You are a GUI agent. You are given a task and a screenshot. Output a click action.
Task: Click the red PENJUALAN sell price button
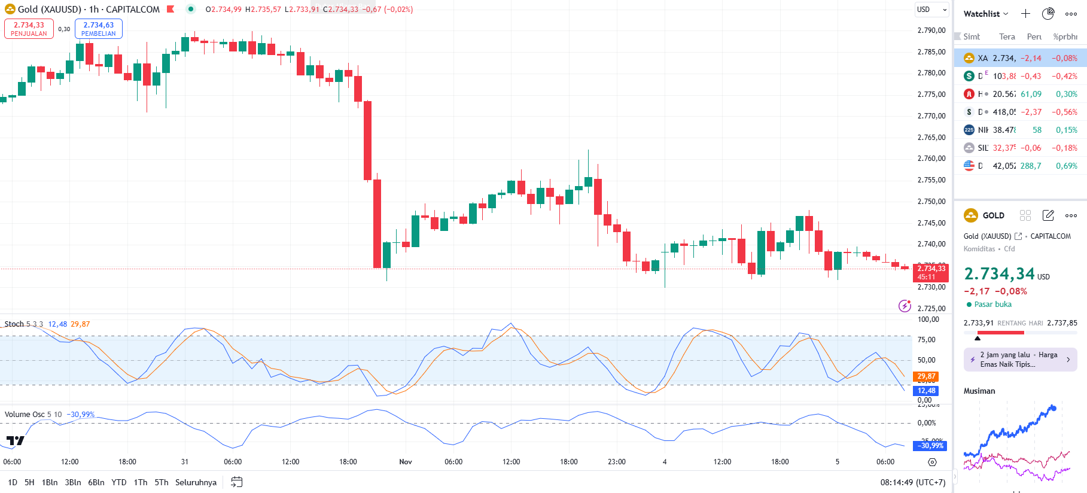coord(29,29)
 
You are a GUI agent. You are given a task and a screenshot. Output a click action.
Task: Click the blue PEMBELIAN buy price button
coord(98,29)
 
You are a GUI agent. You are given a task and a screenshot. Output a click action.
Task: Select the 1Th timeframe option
coord(140,482)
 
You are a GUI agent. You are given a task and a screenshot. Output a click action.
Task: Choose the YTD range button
coord(119,482)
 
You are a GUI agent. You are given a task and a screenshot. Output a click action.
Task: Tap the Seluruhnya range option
coord(196,482)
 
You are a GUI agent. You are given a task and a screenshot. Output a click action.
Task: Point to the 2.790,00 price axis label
coord(931,31)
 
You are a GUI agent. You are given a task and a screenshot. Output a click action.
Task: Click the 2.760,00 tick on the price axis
coord(931,159)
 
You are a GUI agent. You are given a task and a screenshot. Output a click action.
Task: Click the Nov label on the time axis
coord(406,462)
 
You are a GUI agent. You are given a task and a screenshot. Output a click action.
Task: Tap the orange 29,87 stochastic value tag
coord(926,376)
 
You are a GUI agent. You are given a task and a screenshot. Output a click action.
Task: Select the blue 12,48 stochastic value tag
coord(926,391)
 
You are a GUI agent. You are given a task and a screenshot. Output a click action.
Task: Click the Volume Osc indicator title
coord(25,415)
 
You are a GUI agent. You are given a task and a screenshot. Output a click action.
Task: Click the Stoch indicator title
coord(14,324)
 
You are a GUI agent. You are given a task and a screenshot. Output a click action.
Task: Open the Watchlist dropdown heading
coord(985,14)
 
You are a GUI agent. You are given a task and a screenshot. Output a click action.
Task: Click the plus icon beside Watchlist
coord(1025,14)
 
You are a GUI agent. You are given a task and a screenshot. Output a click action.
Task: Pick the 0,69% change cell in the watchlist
coord(1066,166)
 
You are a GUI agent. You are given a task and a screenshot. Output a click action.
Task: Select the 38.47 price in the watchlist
coord(1004,130)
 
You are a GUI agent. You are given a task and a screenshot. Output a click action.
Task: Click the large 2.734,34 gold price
coord(999,274)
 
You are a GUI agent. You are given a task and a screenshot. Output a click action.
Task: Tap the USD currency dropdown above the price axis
coord(932,10)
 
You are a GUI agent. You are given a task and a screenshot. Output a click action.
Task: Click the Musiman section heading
coord(979,391)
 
